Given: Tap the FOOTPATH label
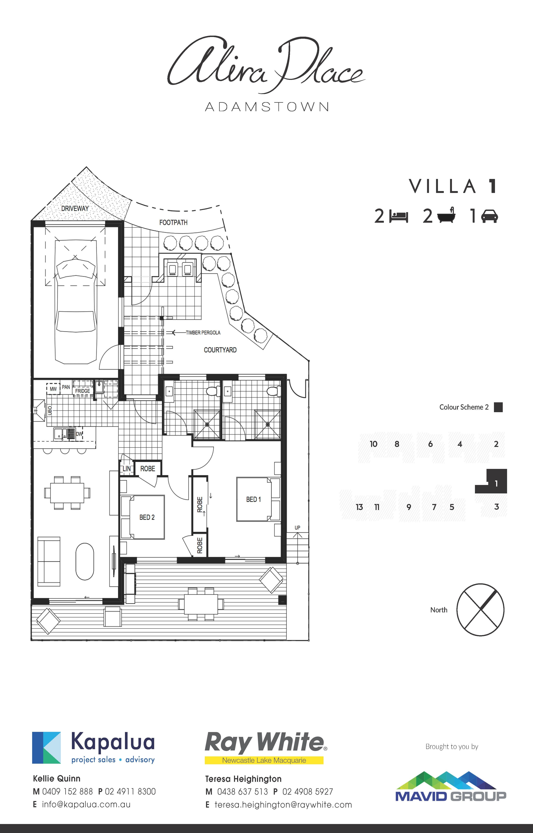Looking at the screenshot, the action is click(173, 222).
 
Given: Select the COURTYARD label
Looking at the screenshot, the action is click(220, 350).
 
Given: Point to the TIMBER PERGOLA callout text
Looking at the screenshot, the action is click(203, 333).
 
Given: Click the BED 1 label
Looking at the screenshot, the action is click(253, 499).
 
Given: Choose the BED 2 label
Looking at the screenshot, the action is click(147, 517).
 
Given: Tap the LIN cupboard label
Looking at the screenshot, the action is click(127, 468).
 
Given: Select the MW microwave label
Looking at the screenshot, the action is click(53, 389).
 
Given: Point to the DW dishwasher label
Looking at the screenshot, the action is click(79, 434).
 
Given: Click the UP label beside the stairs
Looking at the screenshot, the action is click(297, 528).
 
